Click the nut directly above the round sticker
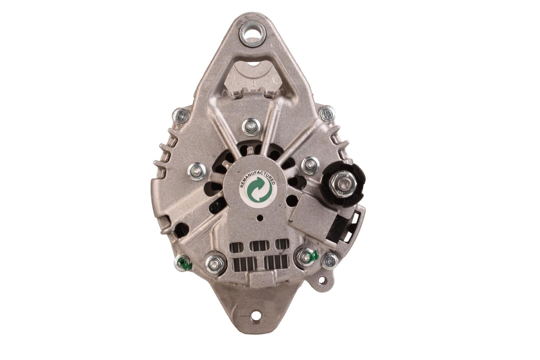pos(250,127)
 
